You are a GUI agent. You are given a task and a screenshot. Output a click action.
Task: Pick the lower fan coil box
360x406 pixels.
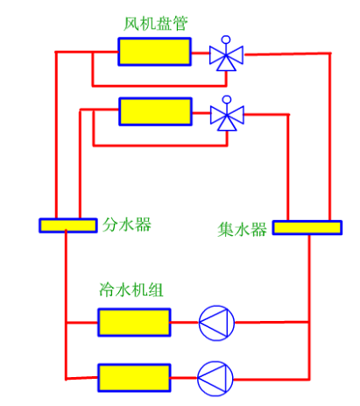pos(155,111)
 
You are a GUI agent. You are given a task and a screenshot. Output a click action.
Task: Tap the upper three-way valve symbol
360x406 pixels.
pos(227,58)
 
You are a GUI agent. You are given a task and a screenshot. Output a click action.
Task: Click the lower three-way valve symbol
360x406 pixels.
pos(227,115)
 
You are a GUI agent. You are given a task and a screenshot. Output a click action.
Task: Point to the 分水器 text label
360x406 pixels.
pos(127,224)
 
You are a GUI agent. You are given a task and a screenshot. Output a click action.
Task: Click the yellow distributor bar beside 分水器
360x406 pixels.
pos(68,225)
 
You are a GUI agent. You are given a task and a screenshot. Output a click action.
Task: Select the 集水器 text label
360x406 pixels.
pos(242,230)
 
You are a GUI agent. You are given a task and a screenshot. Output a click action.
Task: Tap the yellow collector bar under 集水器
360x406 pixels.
pos(307,228)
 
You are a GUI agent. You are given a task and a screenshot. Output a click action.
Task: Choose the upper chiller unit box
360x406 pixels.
pos(134,323)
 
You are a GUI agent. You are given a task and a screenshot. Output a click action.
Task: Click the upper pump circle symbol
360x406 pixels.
pos(215,323)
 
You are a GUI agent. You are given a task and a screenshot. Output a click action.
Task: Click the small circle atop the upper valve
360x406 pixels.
pos(227,40)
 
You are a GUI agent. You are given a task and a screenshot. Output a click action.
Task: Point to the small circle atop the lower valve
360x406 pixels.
pos(227,98)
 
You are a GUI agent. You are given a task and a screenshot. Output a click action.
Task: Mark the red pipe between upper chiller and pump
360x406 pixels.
pos(185,323)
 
